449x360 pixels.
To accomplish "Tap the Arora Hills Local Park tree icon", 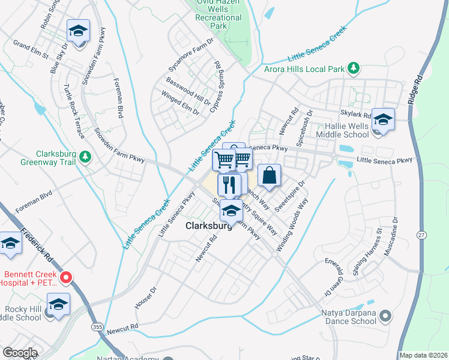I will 354,68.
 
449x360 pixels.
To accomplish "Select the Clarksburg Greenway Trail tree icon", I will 86,157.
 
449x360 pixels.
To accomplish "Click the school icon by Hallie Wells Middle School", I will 382,119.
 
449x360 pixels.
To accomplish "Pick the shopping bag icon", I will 270,176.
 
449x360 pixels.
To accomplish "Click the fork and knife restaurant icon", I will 229,184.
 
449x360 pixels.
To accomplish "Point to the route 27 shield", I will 424,236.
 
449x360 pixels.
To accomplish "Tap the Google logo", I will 20,353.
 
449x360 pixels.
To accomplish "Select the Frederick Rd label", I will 37,244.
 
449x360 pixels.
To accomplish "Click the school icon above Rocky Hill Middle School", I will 58,305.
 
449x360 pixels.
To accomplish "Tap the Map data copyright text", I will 423,355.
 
